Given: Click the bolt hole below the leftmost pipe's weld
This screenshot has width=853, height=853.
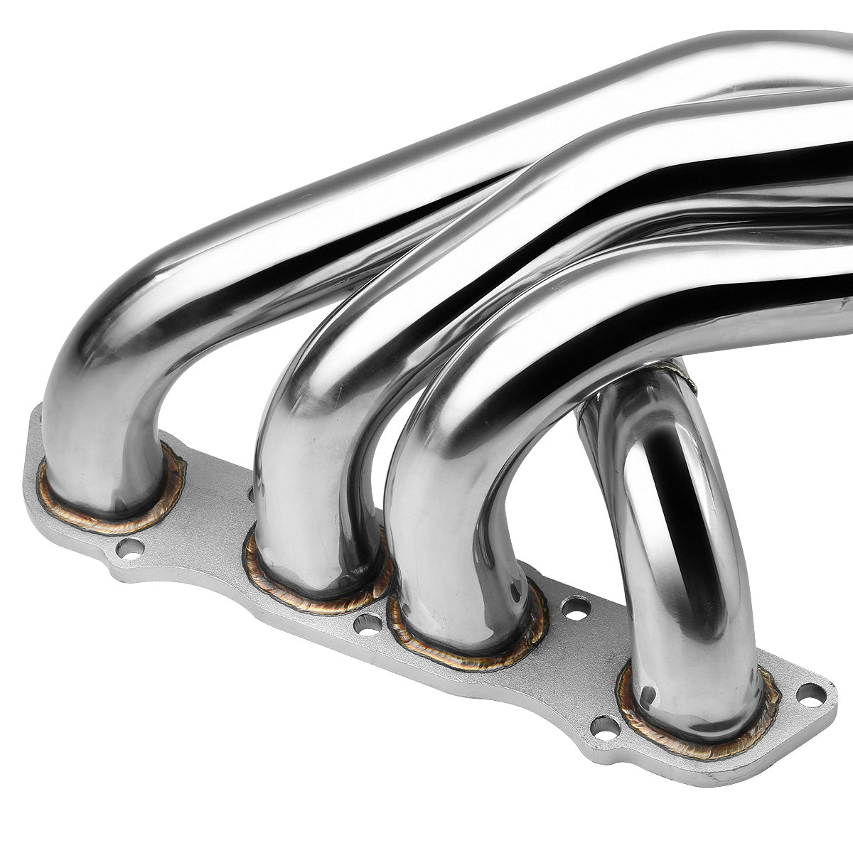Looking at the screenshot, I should tap(129, 547).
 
